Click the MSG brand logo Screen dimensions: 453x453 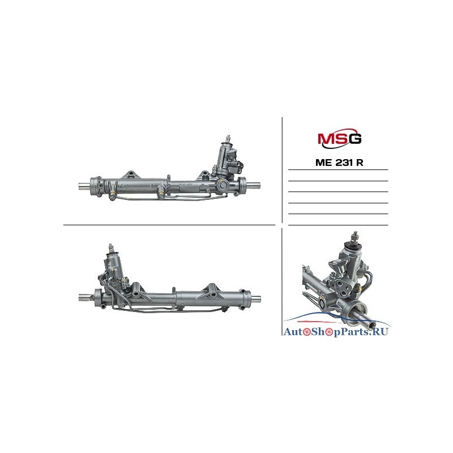click(340, 138)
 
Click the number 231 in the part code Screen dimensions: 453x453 click(345, 163)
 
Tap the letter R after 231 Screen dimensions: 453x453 click(360, 163)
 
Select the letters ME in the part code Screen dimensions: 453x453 click(324, 163)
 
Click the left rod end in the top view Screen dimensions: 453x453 click(84, 186)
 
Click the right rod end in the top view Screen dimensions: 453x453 click(253, 185)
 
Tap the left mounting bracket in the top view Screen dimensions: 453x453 click(131, 175)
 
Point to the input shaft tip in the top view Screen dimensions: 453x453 click(229, 137)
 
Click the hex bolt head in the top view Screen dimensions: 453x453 click(224, 183)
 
